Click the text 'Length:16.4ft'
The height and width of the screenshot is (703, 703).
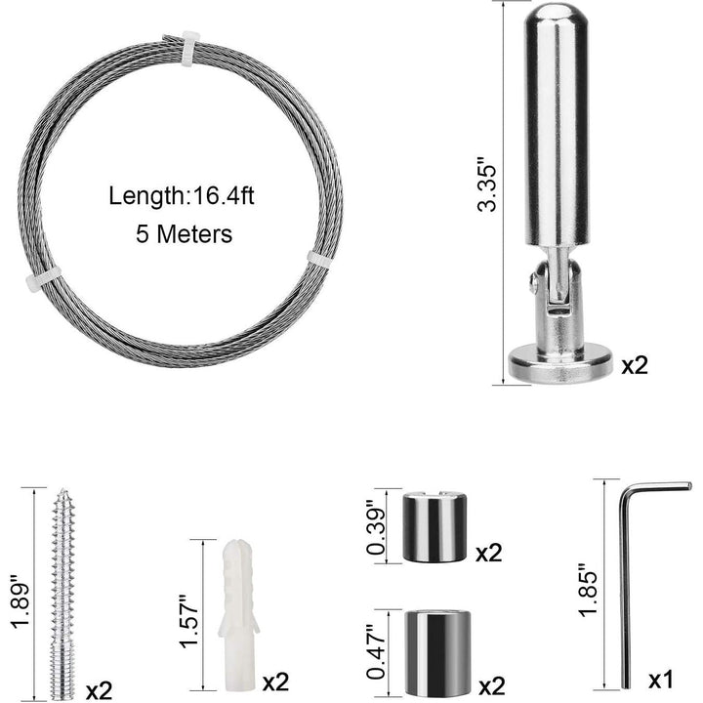(x=182, y=197)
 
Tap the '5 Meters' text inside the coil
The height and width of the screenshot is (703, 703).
(x=185, y=234)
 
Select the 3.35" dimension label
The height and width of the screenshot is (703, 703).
(x=487, y=184)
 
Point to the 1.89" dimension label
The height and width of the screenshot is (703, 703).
(x=21, y=600)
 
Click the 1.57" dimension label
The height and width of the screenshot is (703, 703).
(x=188, y=621)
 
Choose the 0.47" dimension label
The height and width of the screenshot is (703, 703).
(x=376, y=651)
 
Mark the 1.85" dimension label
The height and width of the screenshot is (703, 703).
(x=588, y=590)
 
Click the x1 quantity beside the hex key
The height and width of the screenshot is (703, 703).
(x=661, y=681)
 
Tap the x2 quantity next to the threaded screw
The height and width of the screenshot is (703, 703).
(x=99, y=691)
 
